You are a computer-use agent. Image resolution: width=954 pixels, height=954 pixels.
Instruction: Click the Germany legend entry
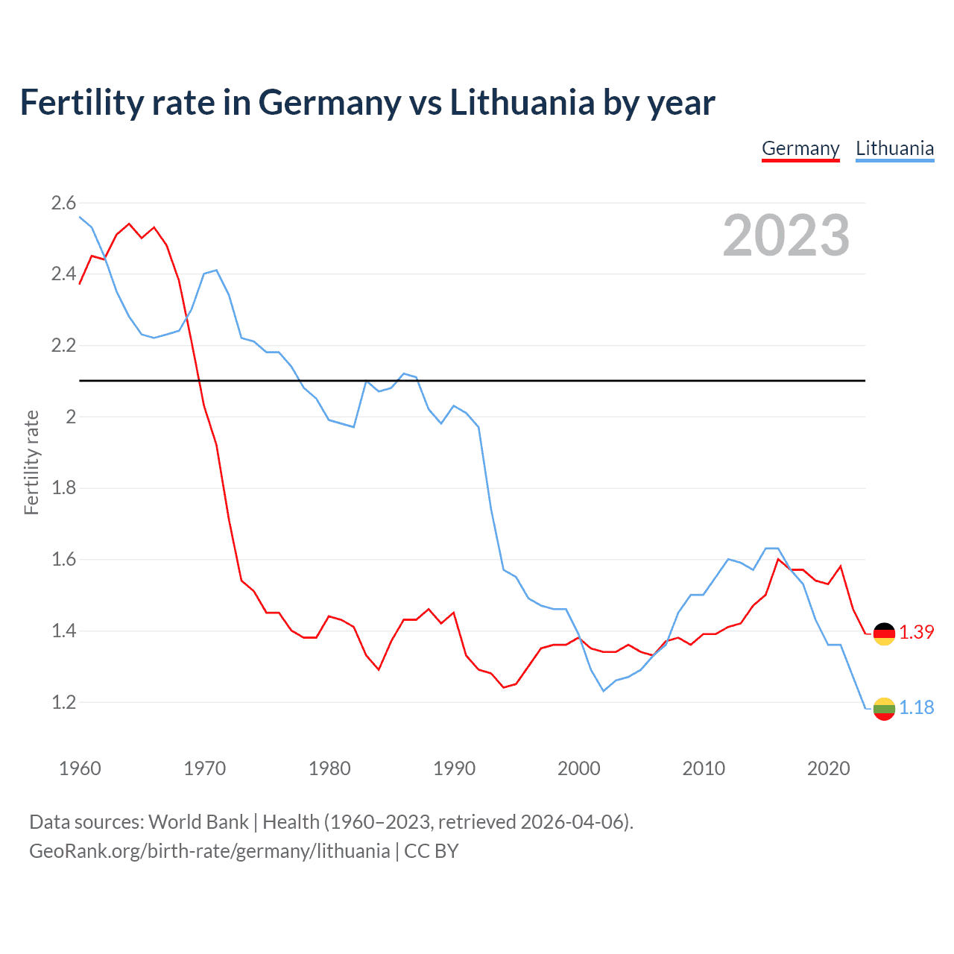pyautogui.click(x=800, y=148)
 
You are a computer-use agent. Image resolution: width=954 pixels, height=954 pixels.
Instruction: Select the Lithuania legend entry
pyautogui.click(x=894, y=148)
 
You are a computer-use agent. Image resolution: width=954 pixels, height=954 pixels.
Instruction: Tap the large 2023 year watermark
pyautogui.click(x=786, y=236)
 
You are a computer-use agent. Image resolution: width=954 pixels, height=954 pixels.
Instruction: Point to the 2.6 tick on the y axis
pyautogui.click(x=63, y=203)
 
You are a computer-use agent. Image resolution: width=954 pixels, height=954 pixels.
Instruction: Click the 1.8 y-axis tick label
pyautogui.click(x=63, y=488)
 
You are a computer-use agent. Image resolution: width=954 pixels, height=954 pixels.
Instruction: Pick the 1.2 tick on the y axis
pyautogui.click(x=63, y=702)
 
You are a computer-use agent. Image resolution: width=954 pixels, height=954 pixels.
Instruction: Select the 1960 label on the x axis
pyautogui.click(x=80, y=768)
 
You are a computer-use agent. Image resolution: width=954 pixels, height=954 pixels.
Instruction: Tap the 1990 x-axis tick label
pyautogui.click(x=454, y=768)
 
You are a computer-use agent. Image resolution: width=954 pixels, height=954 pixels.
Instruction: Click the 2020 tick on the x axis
pyautogui.click(x=828, y=768)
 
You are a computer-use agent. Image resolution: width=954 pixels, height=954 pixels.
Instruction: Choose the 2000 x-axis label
pyautogui.click(x=579, y=768)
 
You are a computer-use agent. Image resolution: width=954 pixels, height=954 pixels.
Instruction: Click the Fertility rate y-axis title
pyautogui.click(x=31, y=462)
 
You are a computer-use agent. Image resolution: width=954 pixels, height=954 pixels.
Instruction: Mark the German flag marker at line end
pyautogui.click(x=884, y=634)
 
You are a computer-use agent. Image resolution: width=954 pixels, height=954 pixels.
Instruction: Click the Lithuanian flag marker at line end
pyautogui.click(x=884, y=709)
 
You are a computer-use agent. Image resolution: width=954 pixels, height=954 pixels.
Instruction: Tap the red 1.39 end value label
pyautogui.click(x=916, y=632)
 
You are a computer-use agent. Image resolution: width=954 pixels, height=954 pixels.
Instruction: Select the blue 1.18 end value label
pyautogui.click(x=916, y=707)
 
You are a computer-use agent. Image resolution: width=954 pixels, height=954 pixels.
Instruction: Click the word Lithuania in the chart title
pyautogui.click(x=522, y=103)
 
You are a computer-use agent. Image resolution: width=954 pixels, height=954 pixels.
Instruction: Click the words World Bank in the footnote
pyautogui.click(x=198, y=822)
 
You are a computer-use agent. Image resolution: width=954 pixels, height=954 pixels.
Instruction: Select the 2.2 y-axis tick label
pyautogui.click(x=63, y=345)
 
